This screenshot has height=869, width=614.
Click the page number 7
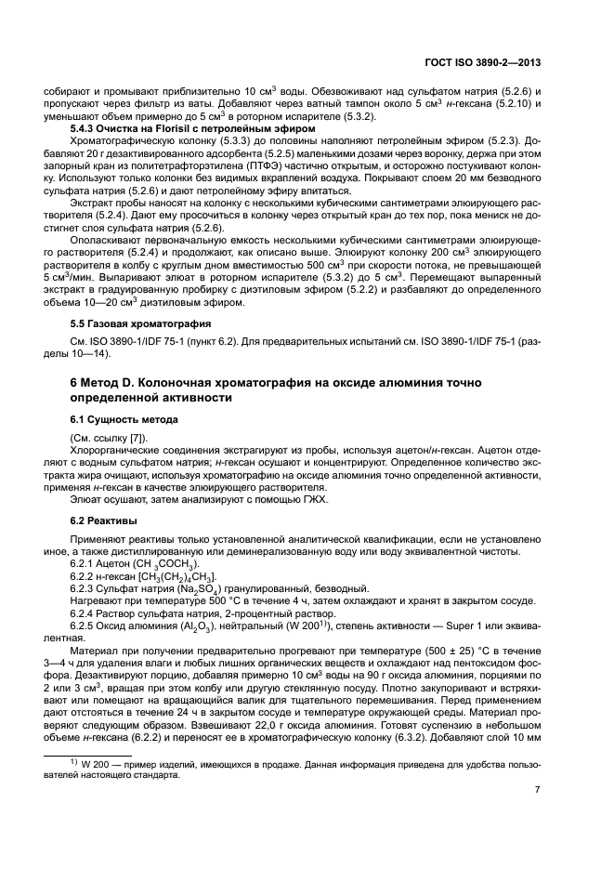tap(538, 790)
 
